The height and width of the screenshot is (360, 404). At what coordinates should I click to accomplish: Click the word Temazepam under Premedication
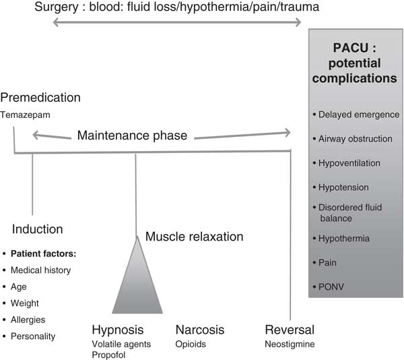click(25, 115)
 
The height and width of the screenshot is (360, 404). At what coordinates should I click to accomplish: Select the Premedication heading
click(41, 98)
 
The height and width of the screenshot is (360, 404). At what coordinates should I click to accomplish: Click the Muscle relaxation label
click(194, 237)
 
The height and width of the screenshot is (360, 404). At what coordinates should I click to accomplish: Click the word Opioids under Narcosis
click(191, 344)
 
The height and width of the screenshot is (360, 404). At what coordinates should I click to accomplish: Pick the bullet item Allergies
click(30, 320)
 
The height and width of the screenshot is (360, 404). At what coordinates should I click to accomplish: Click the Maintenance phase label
click(132, 136)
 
